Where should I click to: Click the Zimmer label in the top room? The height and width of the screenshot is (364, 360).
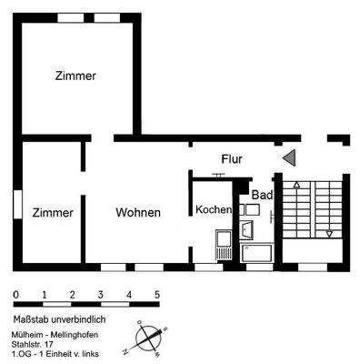tap(75, 76)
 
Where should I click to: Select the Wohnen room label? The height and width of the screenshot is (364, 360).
tap(138, 213)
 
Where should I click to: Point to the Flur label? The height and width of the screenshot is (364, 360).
tap(231, 159)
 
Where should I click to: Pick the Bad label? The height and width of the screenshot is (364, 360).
tap(262, 196)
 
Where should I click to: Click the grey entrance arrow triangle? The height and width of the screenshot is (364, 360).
tap(289, 159)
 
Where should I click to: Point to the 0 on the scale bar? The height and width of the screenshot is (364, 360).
tap(16, 295)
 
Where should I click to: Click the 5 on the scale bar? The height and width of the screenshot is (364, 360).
tap(157, 295)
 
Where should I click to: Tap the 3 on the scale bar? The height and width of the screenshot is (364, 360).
tap(101, 295)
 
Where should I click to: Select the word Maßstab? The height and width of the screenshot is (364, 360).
tap(34, 319)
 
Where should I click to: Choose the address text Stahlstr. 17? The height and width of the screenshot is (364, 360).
tap(37, 344)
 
